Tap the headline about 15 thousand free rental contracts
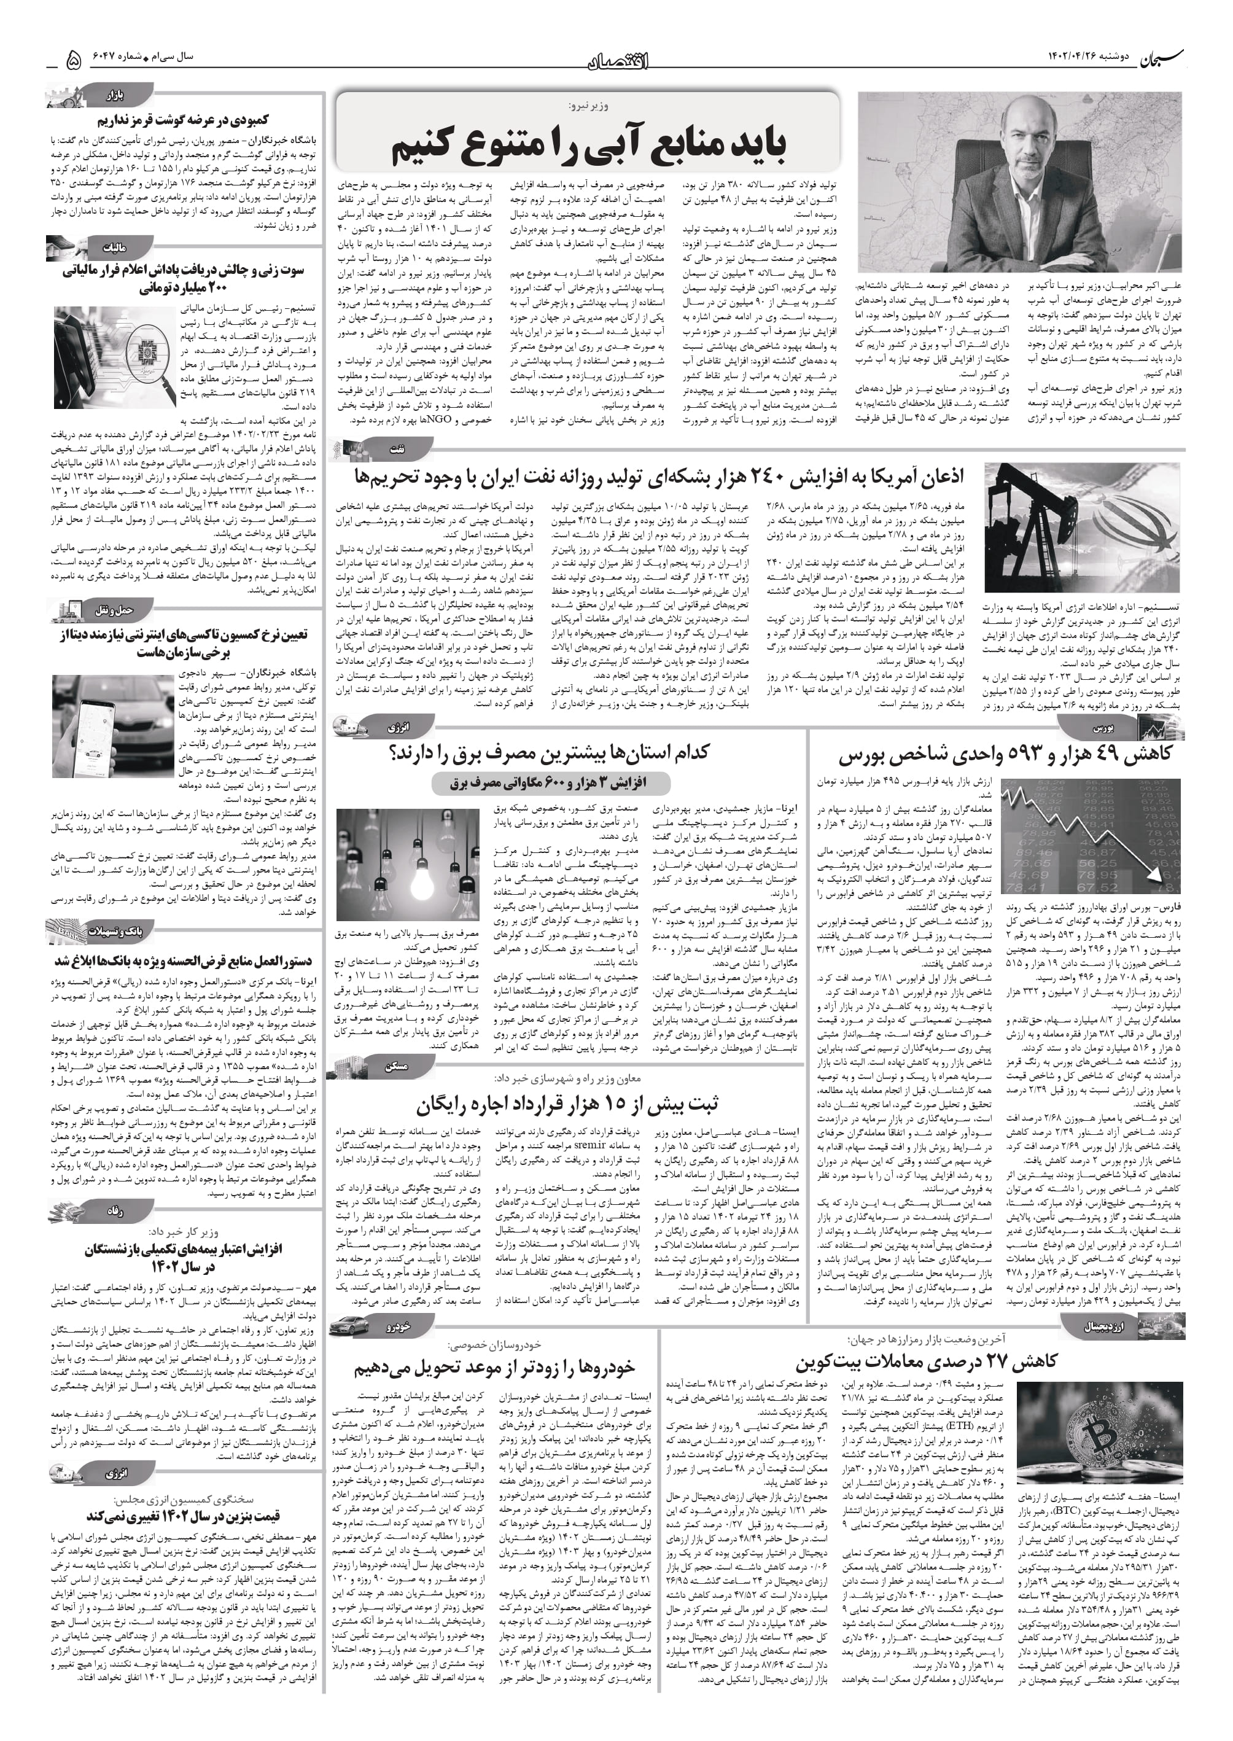[x=566, y=1102]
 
